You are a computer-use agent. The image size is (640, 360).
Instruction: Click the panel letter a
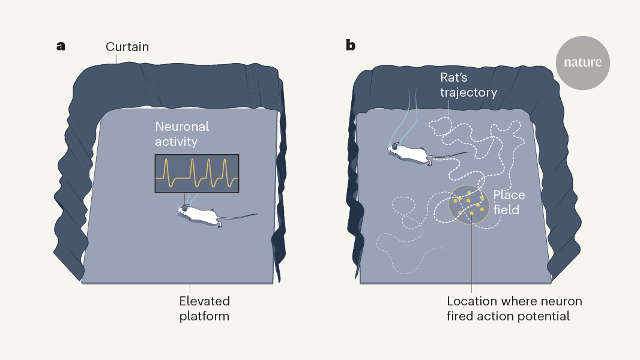click(x=61, y=46)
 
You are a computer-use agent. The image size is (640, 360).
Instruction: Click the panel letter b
click(x=351, y=46)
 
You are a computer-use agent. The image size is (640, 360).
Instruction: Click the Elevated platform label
click(x=204, y=308)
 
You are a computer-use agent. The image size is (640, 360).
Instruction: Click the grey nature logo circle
click(x=582, y=62)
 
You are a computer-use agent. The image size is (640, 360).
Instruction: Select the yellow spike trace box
click(x=197, y=173)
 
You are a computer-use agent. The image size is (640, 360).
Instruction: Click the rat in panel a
click(x=202, y=215)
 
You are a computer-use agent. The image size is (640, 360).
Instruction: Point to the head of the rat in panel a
click(x=183, y=210)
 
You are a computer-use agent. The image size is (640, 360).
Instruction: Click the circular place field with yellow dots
click(x=469, y=205)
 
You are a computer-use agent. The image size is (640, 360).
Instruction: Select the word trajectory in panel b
click(x=468, y=92)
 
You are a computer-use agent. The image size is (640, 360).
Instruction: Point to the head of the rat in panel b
click(x=394, y=148)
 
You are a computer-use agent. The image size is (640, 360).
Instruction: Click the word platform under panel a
click(x=204, y=316)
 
